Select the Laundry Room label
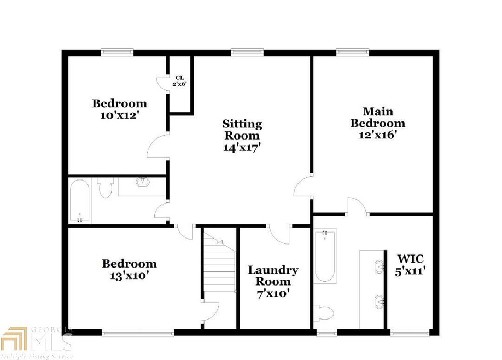(273, 281)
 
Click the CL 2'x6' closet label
(179, 80)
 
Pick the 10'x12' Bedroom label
(119, 108)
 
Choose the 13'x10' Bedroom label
(129, 269)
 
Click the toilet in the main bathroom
(325, 313)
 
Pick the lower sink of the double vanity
(378, 301)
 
